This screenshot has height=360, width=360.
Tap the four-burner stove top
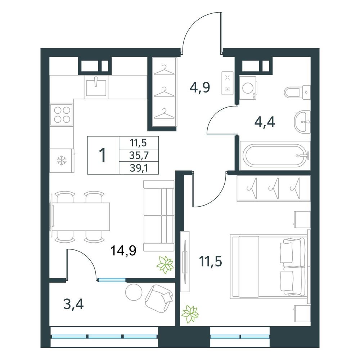coord(62,115)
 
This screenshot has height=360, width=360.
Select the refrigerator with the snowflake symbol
coord(62,161)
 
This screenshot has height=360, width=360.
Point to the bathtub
coord(275,156)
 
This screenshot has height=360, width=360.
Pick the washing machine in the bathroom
coord(248,88)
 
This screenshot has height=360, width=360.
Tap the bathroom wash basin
coord(302,122)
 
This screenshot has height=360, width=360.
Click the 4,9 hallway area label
coord(200,87)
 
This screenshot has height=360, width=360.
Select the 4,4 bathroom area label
coord(265,122)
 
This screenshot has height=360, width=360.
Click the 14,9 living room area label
coord(123,251)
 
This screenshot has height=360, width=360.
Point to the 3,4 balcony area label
coord(73,305)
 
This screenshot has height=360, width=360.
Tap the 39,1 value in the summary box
coord(139,168)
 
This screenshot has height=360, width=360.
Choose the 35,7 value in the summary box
coord(139,156)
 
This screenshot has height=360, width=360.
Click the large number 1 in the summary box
coord(102,156)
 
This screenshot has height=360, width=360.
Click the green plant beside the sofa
coord(165,265)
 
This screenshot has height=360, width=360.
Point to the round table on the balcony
coord(134,292)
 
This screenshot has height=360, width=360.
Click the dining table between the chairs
coord(81,217)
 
